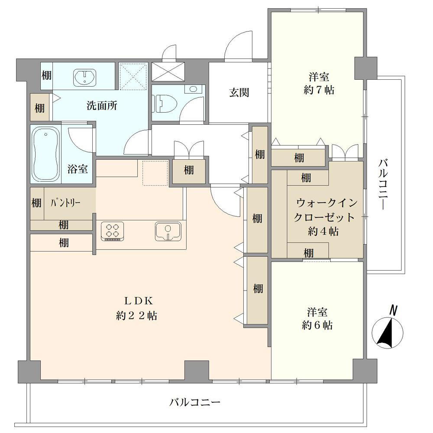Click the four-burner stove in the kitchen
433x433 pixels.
click(113, 231)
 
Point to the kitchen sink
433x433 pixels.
click(168, 231)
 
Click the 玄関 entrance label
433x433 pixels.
click(239, 93)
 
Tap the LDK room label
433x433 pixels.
click(139, 301)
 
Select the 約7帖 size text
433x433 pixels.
click(319, 90)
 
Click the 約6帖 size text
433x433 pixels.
click(317, 325)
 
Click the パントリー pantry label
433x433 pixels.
click(65, 203)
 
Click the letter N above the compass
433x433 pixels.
click(393, 310)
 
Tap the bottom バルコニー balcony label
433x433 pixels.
click(195, 402)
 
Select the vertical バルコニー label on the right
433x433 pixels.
click(383, 184)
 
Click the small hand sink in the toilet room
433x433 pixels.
click(193, 89)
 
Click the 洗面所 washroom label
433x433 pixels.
click(102, 106)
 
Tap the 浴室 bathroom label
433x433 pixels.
click(78, 169)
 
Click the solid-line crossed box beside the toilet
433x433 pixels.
click(168, 71)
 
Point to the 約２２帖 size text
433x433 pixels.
click(137, 315)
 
